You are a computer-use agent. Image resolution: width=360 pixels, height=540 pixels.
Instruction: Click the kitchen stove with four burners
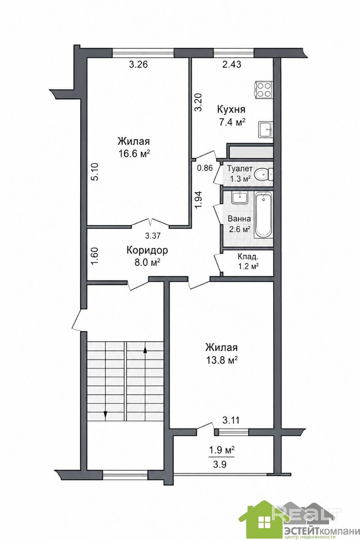[263, 90]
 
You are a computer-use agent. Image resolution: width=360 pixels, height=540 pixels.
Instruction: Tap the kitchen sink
[266, 129]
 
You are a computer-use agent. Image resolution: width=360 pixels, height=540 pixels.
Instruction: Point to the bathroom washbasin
[240, 198]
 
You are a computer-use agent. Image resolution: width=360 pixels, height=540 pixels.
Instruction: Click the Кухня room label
[231, 109]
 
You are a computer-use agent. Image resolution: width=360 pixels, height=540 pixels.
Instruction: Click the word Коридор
[147, 250]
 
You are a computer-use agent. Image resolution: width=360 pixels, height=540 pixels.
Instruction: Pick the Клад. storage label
[248, 256]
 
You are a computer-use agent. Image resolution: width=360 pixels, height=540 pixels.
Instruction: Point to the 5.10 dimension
[95, 172]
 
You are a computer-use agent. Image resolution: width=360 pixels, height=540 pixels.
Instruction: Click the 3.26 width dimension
[138, 65]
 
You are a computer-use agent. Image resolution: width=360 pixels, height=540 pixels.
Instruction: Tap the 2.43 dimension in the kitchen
[232, 65]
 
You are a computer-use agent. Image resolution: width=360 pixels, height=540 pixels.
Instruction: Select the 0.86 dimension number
[205, 168]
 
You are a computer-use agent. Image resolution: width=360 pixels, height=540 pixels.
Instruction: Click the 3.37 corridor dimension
[153, 235]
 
